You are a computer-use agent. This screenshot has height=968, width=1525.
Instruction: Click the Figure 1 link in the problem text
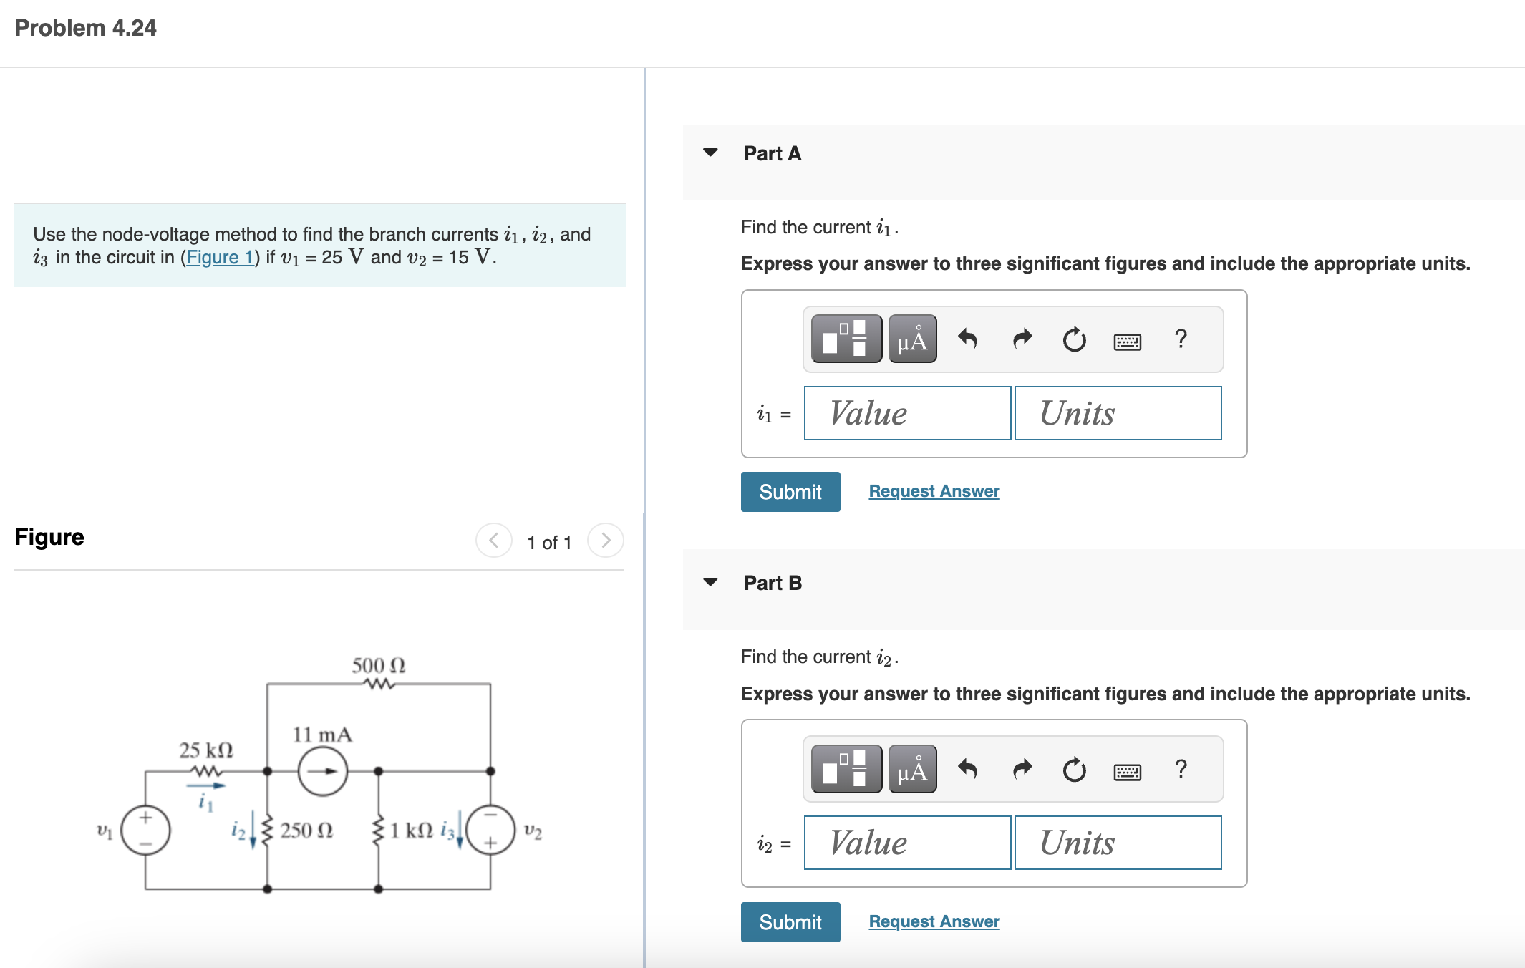[x=220, y=257]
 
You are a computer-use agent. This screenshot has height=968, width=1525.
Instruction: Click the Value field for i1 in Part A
[x=907, y=413]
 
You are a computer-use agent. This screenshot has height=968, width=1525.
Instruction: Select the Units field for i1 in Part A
[x=1118, y=413]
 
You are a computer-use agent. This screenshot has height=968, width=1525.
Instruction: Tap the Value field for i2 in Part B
[x=907, y=843]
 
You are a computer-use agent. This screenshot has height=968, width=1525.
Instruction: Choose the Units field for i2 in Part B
[x=1118, y=843]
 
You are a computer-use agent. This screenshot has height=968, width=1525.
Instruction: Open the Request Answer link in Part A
[x=934, y=491]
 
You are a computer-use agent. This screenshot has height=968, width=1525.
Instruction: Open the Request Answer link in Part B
[x=934, y=921]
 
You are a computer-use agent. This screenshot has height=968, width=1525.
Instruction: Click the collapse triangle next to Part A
[x=710, y=153]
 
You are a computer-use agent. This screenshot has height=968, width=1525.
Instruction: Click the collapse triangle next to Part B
[x=710, y=582]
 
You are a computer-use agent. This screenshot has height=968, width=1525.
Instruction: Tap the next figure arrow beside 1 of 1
[x=606, y=541]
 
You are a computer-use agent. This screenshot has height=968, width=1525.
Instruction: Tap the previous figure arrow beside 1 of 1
[x=494, y=541]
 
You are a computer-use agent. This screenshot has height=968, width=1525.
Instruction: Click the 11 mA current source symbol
[x=323, y=771]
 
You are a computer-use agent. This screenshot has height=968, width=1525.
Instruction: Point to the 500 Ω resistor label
[x=379, y=665]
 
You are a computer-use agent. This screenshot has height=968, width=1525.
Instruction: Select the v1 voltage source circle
[x=145, y=831]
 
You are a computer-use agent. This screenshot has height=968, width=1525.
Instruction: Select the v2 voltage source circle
[x=490, y=831]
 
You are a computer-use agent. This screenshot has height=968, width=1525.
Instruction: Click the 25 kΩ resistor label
[x=206, y=750]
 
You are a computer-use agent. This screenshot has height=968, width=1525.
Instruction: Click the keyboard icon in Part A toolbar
[x=1128, y=342]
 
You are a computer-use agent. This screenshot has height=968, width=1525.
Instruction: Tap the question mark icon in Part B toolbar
[x=1181, y=769]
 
